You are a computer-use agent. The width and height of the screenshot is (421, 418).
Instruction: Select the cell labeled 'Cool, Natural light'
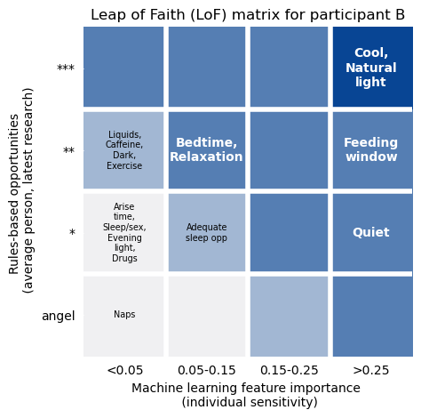pyautogui.click(x=371, y=68)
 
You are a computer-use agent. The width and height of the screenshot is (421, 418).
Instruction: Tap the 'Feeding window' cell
pyautogui.click(x=371, y=149)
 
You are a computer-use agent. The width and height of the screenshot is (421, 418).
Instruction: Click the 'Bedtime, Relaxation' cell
pyautogui.click(x=206, y=149)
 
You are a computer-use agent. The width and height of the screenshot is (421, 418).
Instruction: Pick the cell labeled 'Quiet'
pyautogui.click(x=371, y=232)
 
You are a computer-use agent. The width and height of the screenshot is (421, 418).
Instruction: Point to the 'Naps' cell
pyautogui.click(x=124, y=315)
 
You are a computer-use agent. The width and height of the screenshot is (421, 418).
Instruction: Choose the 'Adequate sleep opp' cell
pyautogui.click(x=206, y=232)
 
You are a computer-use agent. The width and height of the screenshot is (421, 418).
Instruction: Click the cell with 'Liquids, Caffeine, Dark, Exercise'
pyautogui.click(x=124, y=149)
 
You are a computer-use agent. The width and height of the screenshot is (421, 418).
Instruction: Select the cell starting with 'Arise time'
pyautogui.click(x=124, y=232)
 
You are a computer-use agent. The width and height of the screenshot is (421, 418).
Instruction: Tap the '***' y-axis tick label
pyautogui.click(x=66, y=68)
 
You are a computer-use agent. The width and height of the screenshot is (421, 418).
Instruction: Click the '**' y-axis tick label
pyautogui.click(x=68, y=151)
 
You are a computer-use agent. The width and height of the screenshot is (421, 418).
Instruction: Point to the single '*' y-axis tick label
pyautogui.click(x=72, y=233)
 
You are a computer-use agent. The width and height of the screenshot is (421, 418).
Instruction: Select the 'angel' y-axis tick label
pyautogui.click(x=58, y=316)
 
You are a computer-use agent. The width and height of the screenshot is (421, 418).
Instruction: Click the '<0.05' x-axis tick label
pyautogui.click(x=124, y=370)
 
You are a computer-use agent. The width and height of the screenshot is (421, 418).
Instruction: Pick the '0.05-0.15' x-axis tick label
pyautogui.click(x=206, y=370)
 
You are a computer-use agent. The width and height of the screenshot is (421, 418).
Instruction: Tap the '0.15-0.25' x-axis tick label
pyautogui.click(x=289, y=370)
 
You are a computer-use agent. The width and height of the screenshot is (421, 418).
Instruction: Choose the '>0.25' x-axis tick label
pyautogui.click(x=371, y=370)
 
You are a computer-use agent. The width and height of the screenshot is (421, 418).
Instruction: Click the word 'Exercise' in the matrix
pyautogui.click(x=124, y=165)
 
